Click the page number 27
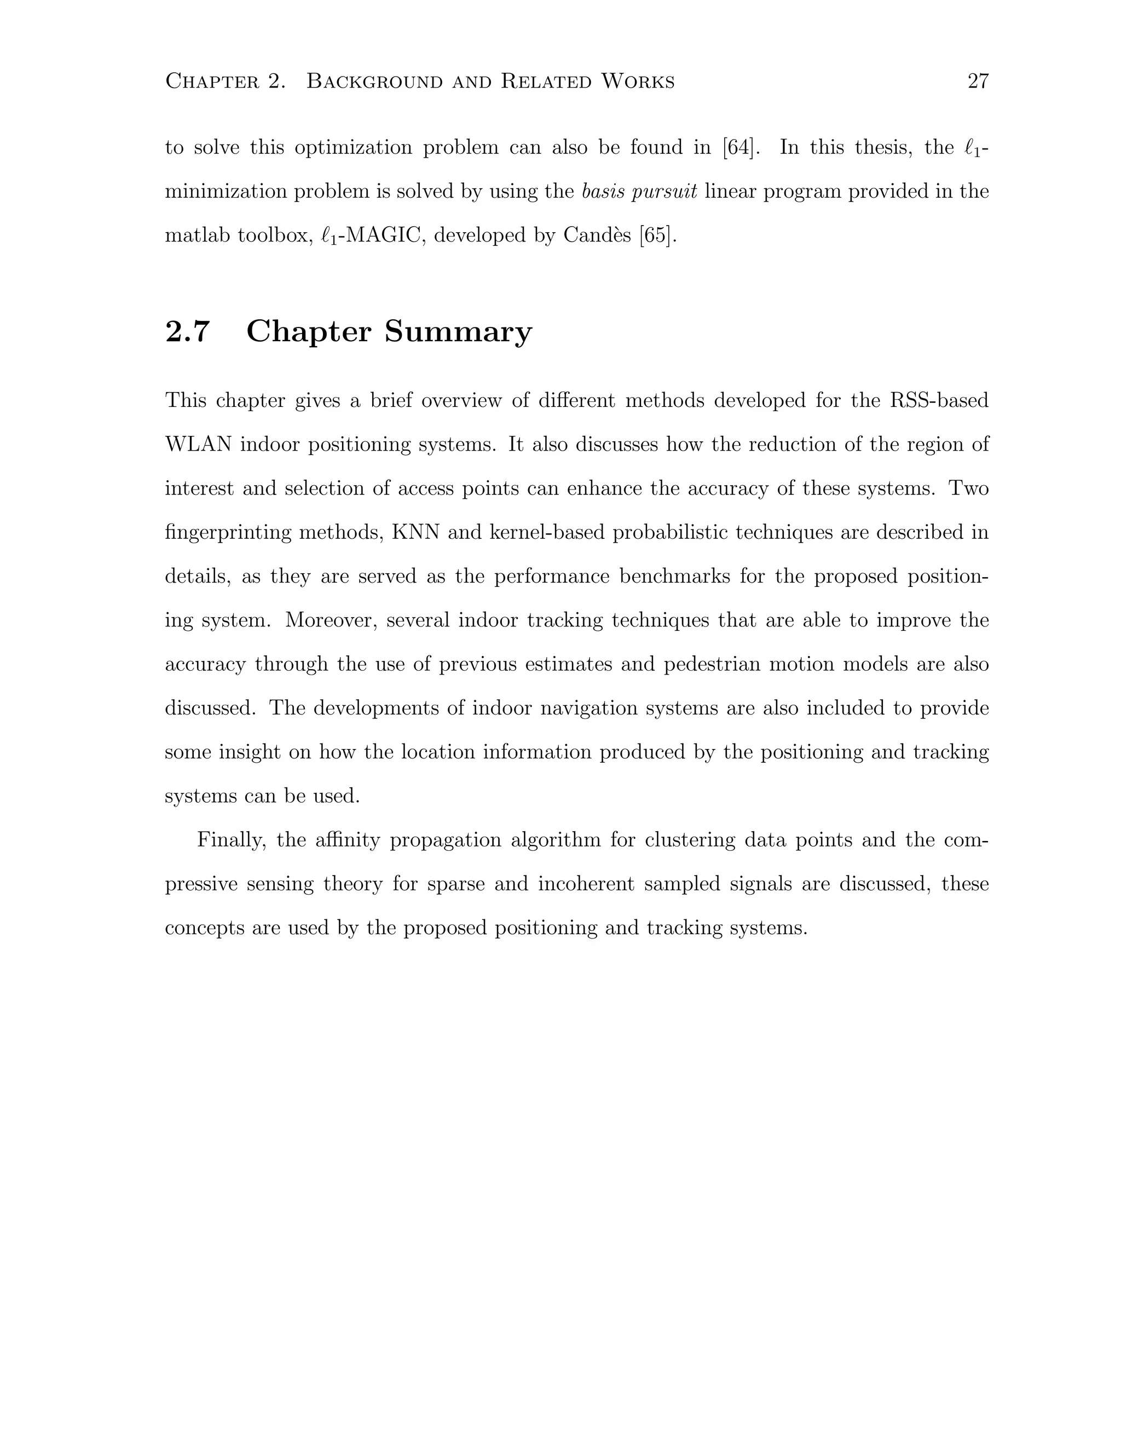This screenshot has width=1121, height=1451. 978,81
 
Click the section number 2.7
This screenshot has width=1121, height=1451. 187,331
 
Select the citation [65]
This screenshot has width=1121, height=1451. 657,235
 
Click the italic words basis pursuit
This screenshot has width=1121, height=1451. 639,191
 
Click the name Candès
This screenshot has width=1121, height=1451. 597,235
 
